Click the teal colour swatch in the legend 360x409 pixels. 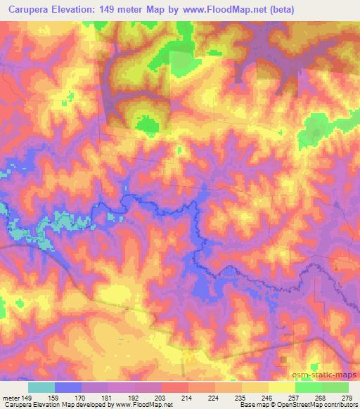coord(41,387)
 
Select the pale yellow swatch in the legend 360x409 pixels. coord(281,387)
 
